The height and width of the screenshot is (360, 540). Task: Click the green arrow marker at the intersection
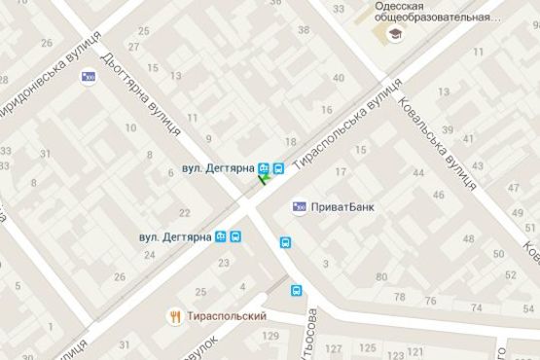coord(263,178)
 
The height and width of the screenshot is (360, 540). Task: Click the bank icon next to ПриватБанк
coord(300,206)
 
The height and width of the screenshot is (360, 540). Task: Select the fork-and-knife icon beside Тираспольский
coord(174,316)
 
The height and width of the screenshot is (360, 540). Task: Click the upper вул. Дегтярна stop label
coord(218,168)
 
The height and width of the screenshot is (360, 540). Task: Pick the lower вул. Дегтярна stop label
coord(175,236)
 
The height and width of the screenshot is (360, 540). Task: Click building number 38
coord(303,30)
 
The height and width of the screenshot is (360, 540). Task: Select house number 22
coord(185,212)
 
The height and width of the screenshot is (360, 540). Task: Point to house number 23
coord(225,263)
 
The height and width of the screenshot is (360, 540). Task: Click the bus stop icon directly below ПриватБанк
coord(287,243)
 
